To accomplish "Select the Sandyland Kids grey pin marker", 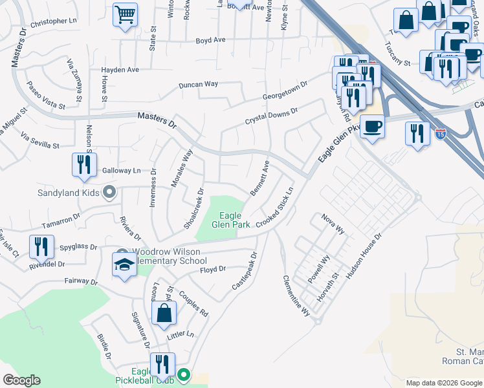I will (x=109, y=191).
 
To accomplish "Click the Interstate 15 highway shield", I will (x=440, y=134).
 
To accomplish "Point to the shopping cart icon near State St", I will (x=125, y=14).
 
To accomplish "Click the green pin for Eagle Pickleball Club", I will (x=184, y=374).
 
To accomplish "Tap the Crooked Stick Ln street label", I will (x=274, y=207).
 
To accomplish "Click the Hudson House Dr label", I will (x=364, y=256).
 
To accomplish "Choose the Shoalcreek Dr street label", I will (x=193, y=208).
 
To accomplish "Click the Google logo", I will (x=21, y=380).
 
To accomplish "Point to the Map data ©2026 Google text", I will (x=444, y=383).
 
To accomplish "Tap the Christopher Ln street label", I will (x=58, y=22).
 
